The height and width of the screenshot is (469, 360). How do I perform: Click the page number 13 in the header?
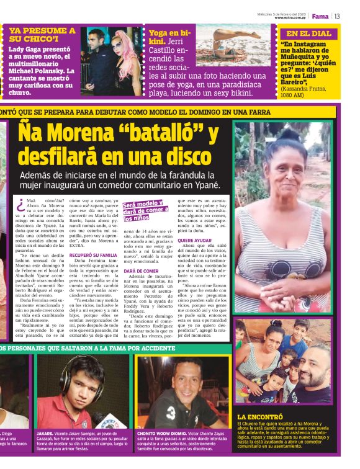[338, 16]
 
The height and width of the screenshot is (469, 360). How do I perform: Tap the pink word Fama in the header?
[320, 16]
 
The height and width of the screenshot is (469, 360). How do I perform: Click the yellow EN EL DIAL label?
[308, 33]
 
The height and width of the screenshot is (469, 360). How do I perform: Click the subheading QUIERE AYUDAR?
[194, 240]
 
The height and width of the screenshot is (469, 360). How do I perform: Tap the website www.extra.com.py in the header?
[290, 17]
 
